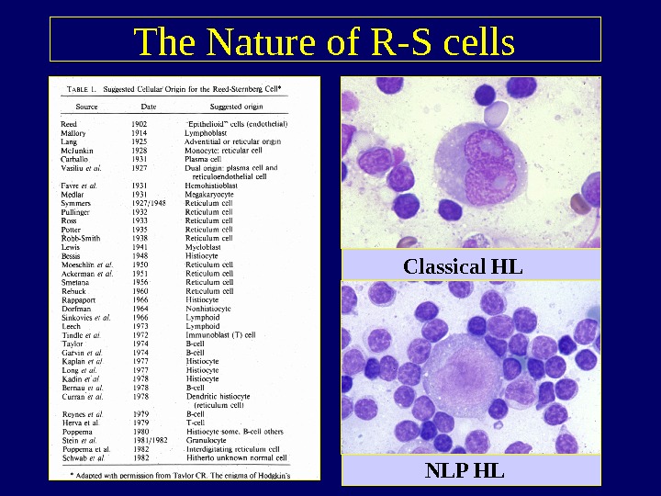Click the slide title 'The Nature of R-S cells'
(324, 42)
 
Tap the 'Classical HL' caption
(463, 266)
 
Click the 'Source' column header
(86, 107)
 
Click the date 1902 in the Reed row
(139, 124)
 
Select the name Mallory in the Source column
(73, 133)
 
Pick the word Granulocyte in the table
(207, 439)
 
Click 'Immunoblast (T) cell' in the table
(220, 335)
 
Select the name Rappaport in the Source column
(79, 299)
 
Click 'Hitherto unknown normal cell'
(233, 457)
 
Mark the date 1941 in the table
(139, 247)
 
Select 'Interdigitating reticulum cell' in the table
(232, 448)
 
